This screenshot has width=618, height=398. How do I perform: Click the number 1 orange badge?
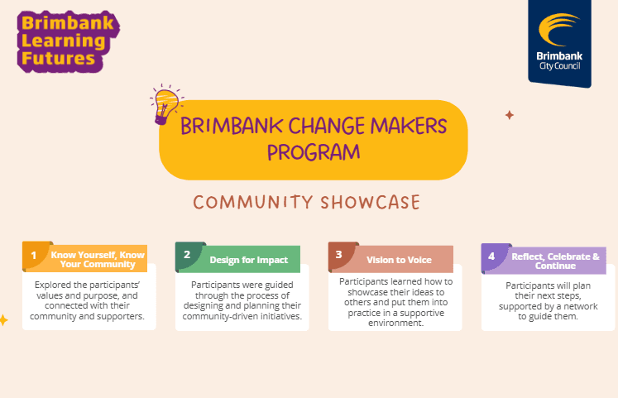coord(34,255)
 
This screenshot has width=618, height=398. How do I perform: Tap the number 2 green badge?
coord(187,255)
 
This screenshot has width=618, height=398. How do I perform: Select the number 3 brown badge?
coord(339,256)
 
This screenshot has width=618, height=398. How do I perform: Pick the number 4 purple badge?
coord(491,256)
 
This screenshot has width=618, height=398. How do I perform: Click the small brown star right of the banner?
coord(510,115)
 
